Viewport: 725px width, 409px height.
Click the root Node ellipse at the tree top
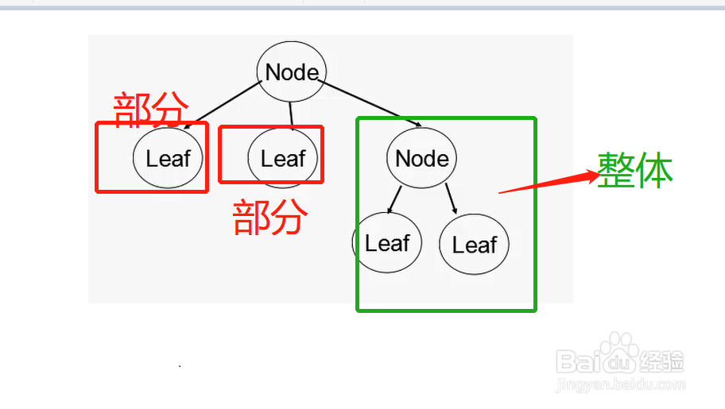coord(291,72)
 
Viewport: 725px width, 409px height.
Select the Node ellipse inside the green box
coord(421,158)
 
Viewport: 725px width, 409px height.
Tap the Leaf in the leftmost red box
coord(168,158)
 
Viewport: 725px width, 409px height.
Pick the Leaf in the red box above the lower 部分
coord(283,158)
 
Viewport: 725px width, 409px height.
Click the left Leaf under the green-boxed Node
coord(387,243)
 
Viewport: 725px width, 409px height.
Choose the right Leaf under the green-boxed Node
coord(474,245)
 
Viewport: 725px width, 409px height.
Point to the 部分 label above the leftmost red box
coord(152,109)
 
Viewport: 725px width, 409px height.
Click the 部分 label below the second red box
coord(269,217)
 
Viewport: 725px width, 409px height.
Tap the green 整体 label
coord(635,170)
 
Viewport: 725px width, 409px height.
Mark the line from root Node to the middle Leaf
coord(291,115)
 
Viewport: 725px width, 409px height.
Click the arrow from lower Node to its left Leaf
coord(396,199)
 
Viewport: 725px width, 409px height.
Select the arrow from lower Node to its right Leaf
coord(451,199)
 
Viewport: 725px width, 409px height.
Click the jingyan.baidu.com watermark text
coord(620,384)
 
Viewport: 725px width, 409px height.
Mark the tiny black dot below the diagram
coord(180,366)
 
